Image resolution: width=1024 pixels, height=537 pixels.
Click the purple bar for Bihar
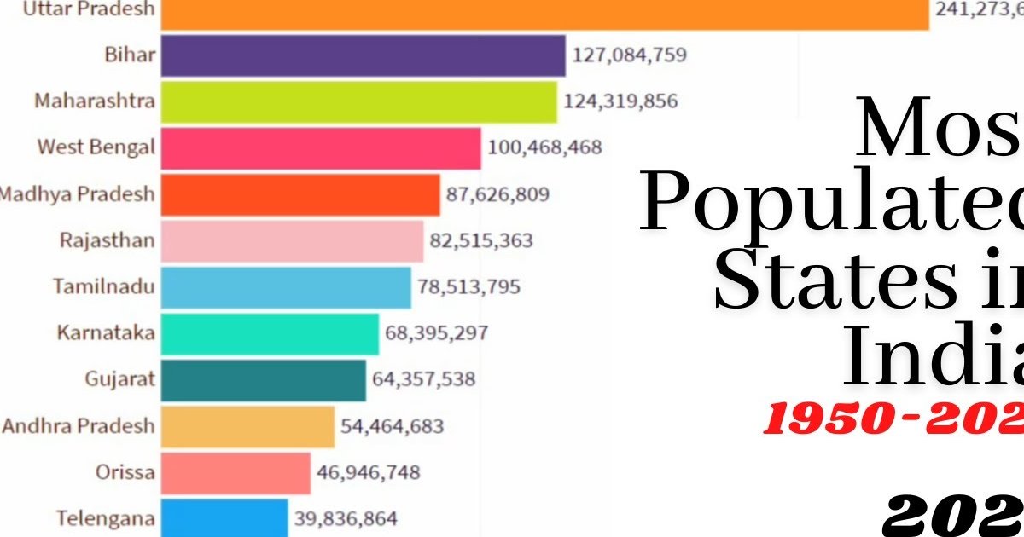point(363,55)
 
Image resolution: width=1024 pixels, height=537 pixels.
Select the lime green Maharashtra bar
point(358,101)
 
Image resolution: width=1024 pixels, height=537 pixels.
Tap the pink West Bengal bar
point(321,147)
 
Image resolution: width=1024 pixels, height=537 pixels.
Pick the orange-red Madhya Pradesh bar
point(300,194)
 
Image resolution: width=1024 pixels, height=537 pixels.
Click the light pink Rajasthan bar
point(292,240)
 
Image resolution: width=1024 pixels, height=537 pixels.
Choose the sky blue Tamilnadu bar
point(286,287)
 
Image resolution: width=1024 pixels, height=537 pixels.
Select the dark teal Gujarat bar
point(263,380)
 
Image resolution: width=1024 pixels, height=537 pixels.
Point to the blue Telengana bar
point(224,517)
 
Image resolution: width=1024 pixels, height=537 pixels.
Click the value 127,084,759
point(630,55)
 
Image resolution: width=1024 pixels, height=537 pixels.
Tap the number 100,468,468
point(544,147)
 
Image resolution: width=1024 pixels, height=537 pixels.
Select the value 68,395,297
point(436,332)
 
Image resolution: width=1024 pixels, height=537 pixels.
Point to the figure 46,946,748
point(369,472)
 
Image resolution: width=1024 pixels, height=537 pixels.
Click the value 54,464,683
point(393,425)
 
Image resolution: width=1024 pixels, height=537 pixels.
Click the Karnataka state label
point(106,332)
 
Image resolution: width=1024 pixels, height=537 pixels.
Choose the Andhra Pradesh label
point(79,425)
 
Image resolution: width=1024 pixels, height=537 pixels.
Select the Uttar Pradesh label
point(89,9)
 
